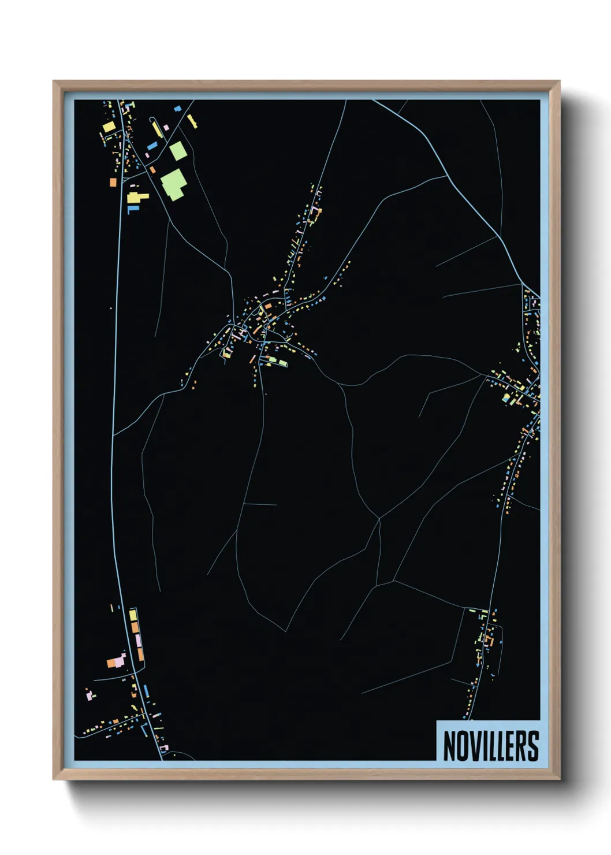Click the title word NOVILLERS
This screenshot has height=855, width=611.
[x=491, y=746]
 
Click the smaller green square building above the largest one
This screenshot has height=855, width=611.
[x=178, y=151]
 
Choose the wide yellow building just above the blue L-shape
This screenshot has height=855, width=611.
[x=137, y=198]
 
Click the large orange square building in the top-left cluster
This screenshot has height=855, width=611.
[x=113, y=183]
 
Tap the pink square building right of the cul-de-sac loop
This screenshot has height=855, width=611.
[x=166, y=127]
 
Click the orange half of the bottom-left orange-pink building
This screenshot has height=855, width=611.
[x=111, y=663]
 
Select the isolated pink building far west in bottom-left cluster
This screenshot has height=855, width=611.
[x=89, y=696]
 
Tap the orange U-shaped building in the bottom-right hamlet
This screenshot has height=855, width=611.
[x=490, y=641]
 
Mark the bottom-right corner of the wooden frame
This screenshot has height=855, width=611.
[x=559, y=778]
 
